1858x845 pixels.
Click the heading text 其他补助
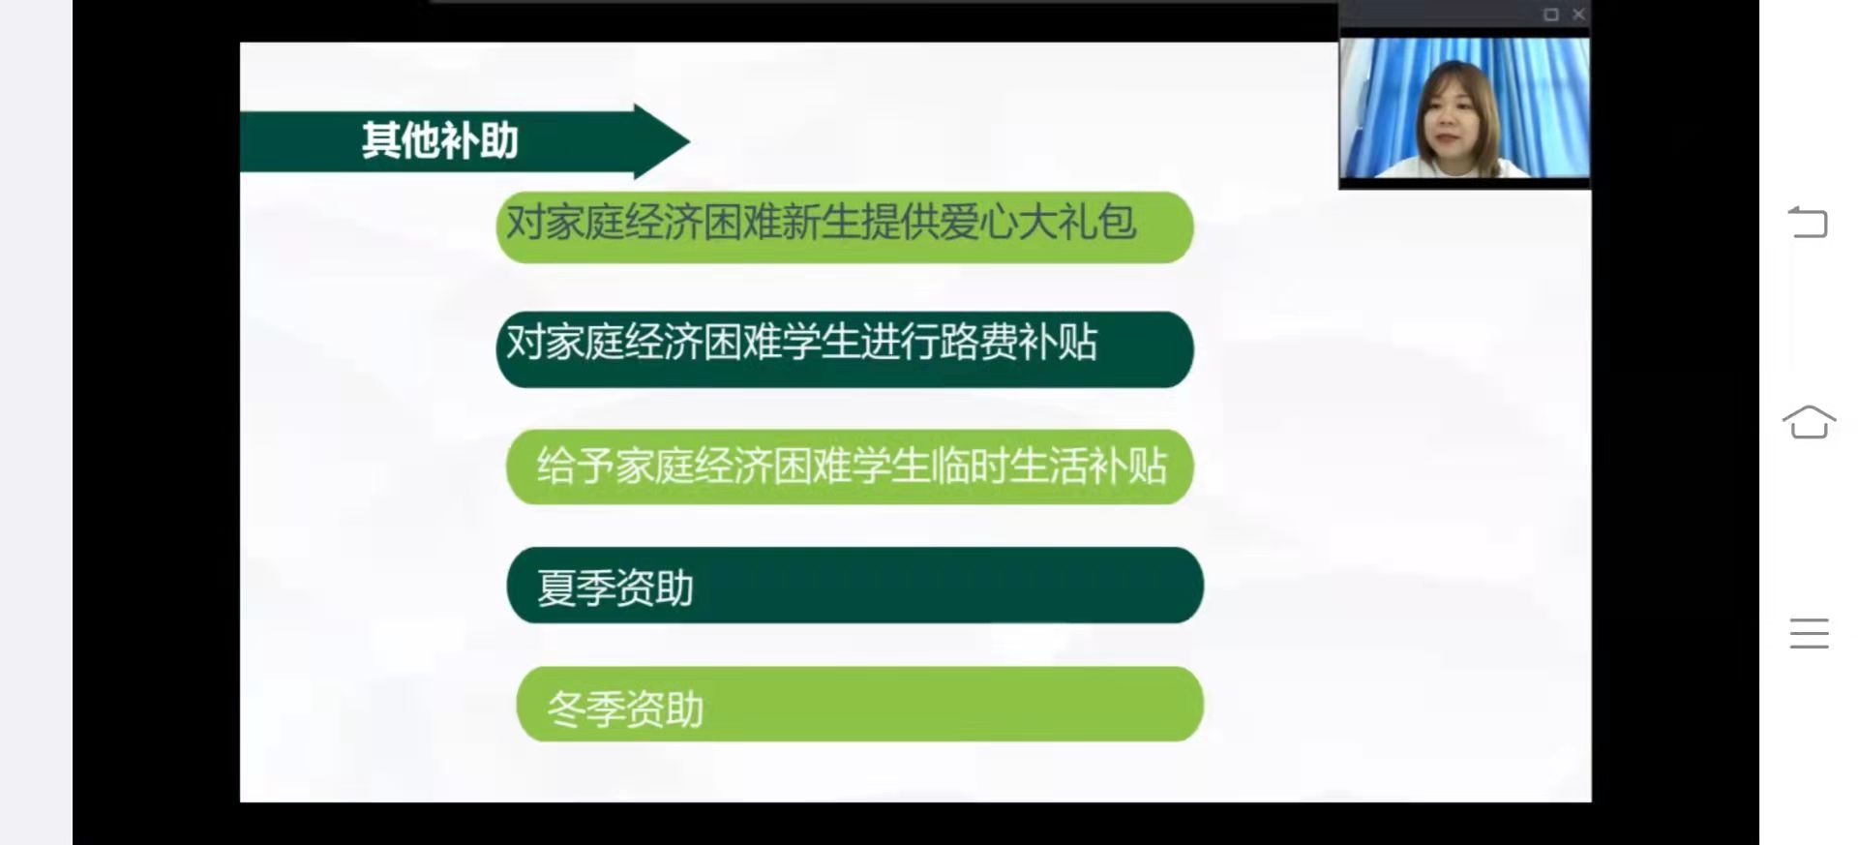coord(440,141)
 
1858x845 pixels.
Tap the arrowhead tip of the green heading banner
coord(689,141)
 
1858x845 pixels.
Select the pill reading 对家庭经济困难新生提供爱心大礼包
coord(845,227)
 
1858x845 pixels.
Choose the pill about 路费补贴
coord(845,349)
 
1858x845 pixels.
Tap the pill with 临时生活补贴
coord(850,467)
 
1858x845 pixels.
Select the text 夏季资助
coord(615,588)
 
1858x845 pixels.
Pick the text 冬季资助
coord(625,709)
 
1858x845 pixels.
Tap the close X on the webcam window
coord(1578,15)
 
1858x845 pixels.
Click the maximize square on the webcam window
coord(1551,15)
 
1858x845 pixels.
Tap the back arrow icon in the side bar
coord(1808,223)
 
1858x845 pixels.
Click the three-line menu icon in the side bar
coord(1809,633)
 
